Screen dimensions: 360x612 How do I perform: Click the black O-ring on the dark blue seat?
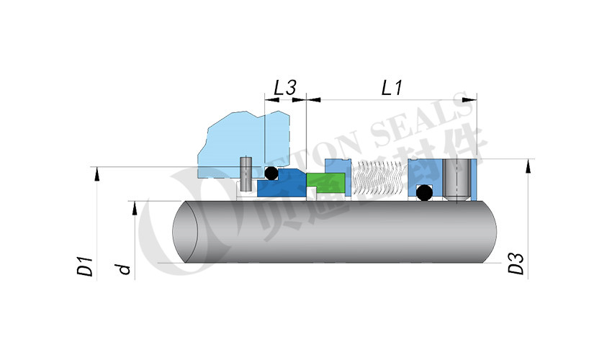pos(271,174)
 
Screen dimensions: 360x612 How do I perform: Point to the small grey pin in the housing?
pos(246,171)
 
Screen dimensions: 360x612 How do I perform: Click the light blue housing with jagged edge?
pos(238,140)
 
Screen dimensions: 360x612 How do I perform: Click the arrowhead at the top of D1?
pos(94,172)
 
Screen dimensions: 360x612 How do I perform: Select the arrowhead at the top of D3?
pos(529,163)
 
